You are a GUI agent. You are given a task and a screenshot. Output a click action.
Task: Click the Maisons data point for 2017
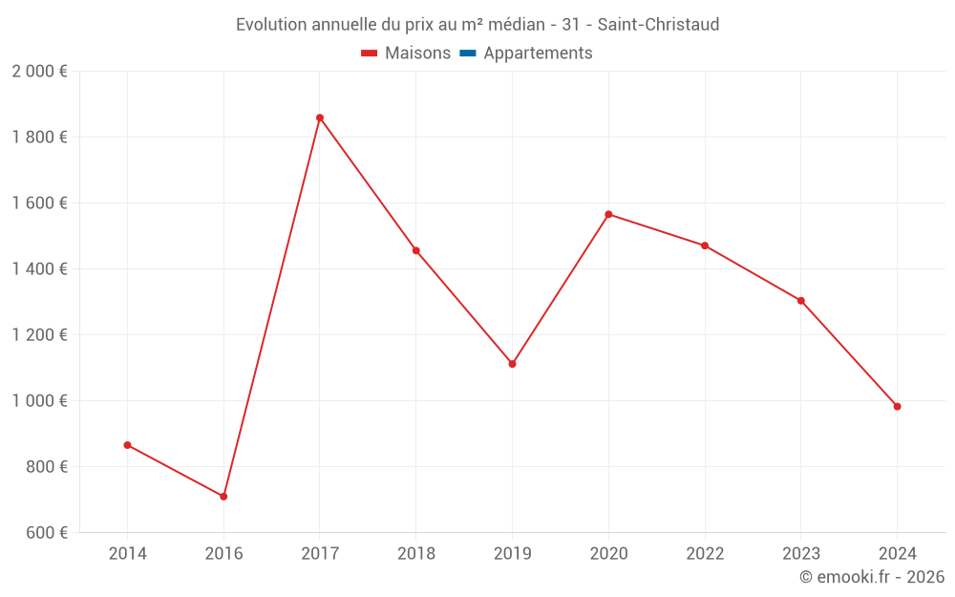coord(320,117)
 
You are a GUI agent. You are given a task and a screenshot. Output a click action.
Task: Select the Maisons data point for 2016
coord(223,497)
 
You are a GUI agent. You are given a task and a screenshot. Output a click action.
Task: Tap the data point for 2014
coord(127,445)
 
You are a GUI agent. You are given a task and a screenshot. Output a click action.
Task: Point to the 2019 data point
coord(512,364)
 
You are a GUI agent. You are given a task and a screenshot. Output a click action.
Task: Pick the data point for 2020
coord(608,214)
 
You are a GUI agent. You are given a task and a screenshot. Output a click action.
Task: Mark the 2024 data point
coord(897,407)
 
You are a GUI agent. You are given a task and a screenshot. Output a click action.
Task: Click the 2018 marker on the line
coord(416,250)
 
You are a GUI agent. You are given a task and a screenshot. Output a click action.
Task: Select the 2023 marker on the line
coord(801,301)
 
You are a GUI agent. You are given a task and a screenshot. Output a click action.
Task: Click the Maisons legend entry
coord(406,53)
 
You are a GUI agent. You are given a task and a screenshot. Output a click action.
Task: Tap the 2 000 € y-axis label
coord(39,72)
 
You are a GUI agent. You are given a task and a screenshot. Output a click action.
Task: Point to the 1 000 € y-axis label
coord(39,401)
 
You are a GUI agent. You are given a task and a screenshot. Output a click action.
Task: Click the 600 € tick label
coord(45,533)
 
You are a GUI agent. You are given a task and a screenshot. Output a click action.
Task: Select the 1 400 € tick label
coord(39,269)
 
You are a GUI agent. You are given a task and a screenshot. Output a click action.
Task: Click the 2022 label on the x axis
coord(705,554)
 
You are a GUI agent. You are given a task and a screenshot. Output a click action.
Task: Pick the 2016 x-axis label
coord(223,554)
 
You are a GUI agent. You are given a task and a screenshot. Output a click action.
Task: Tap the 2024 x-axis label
coord(897,554)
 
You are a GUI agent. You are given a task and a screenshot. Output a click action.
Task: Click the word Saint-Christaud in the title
coord(658,24)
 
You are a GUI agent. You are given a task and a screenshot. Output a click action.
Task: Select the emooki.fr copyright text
coord(872,577)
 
